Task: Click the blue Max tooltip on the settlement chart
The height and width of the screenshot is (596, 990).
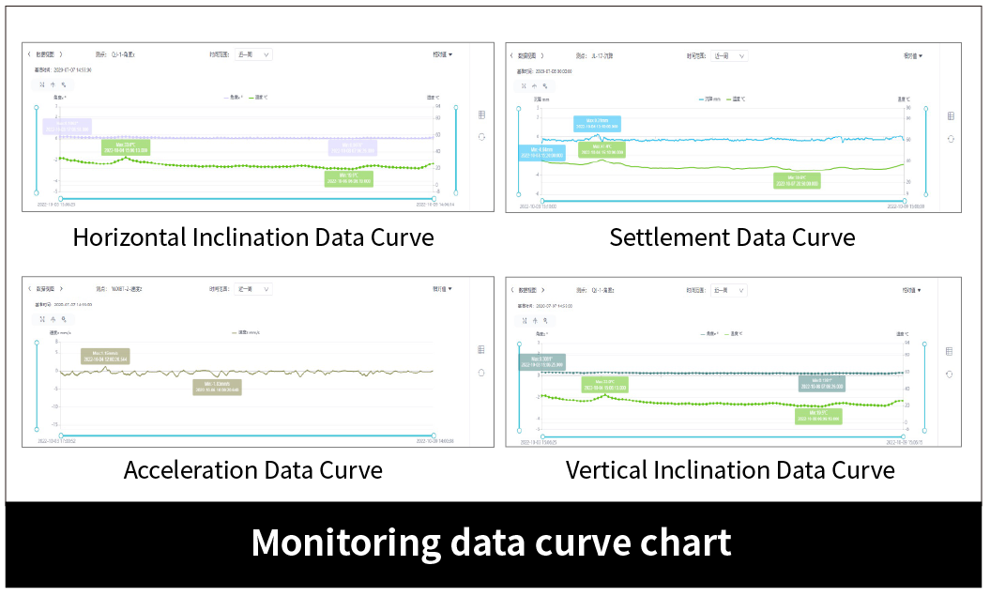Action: click(x=597, y=124)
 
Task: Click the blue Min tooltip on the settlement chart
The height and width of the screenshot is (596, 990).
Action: click(x=541, y=153)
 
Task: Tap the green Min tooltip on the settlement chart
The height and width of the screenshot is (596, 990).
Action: click(x=796, y=180)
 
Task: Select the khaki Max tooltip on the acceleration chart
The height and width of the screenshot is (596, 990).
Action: click(x=105, y=356)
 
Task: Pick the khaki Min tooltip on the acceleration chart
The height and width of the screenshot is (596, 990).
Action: click(x=217, y=387)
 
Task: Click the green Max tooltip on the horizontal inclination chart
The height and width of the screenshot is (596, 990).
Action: click(x=126, y=146)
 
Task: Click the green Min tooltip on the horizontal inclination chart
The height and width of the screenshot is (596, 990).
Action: click(x=348, y=178)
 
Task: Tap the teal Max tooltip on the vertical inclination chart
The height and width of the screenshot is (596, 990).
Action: click(x=541, y=361)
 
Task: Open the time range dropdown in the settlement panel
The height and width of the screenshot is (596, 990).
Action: click(x=728, y=55)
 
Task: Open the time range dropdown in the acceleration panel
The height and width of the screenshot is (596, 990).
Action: click(x=253, y=289)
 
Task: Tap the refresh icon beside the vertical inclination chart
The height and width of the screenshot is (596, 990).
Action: click(x=949, y=374)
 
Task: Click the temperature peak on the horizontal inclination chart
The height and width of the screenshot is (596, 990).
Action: click(x=126, y=158)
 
